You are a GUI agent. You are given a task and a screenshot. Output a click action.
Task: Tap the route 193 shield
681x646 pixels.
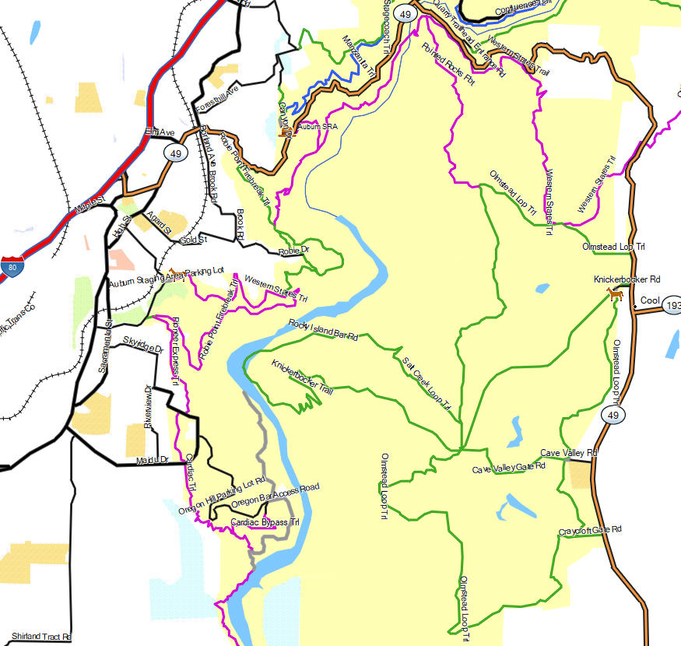tap(673, 307)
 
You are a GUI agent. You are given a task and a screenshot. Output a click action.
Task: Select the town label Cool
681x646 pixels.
tap(649, 300)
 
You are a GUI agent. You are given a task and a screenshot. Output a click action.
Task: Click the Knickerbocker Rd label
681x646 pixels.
tap(627, 279)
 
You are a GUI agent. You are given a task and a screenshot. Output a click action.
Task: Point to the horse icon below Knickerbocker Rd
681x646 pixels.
tap(615, 293)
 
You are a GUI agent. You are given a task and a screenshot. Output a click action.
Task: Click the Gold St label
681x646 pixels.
tap(194, 240)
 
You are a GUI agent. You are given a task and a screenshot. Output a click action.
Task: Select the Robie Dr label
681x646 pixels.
tap(293, 251)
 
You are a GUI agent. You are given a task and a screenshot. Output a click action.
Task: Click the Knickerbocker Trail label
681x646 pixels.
tap(302, 377)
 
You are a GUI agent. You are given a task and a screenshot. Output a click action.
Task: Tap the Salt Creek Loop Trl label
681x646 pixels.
tap(427, 383)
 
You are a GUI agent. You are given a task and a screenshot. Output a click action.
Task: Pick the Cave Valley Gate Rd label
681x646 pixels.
tap(509, 468)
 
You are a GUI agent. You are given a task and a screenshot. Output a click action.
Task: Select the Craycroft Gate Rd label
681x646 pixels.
tap(590, 531)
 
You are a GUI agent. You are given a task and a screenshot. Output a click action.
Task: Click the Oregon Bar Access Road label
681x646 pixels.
tap(276, 497)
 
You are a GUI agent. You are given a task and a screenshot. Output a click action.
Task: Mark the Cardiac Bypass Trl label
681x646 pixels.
tap(265, 521)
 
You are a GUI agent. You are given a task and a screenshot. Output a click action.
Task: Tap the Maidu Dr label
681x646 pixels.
tap(151, 460)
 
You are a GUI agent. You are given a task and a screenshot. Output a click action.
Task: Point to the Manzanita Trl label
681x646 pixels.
tap(359, 54)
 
